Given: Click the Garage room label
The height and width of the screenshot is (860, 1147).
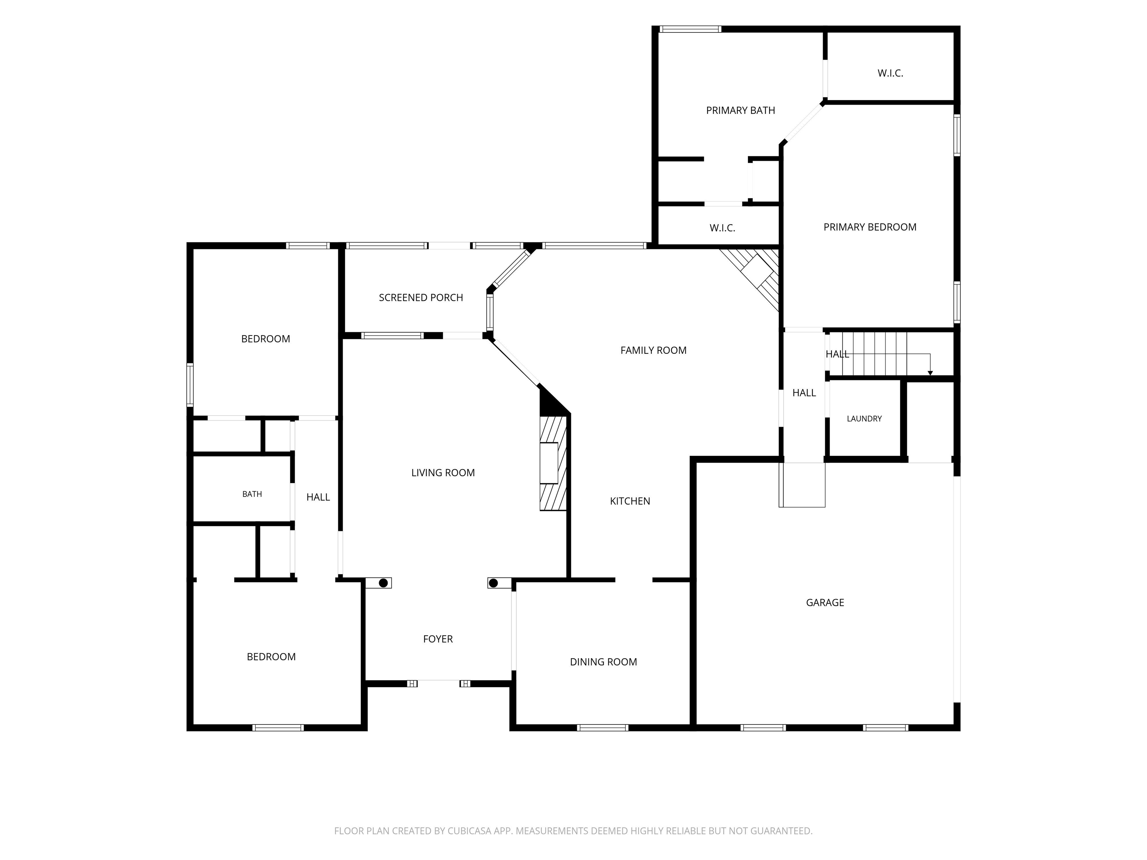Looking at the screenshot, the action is pos(825,602).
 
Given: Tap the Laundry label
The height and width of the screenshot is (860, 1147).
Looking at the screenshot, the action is pos(864,418).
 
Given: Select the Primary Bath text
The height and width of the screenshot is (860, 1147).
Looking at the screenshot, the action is pos(740,110).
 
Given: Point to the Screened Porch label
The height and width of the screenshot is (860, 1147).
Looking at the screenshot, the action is pos(420,297).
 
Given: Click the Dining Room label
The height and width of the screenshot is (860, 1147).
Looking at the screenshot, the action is pos(603,662).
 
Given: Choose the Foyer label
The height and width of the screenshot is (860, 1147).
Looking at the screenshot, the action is pos(438,639).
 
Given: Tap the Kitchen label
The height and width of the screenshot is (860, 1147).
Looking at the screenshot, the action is pos(630,501).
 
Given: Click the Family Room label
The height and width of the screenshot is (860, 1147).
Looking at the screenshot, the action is pos(653,350).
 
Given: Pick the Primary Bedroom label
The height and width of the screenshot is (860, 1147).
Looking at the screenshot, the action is pos(870,227).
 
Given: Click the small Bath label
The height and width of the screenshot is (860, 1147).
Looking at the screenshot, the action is pos(252,494).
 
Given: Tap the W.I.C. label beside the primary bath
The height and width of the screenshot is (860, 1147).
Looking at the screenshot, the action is pos(890,73).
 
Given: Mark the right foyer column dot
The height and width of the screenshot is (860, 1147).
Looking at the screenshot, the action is pos(493,583).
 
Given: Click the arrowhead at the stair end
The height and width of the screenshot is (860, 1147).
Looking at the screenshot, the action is pos(930,373).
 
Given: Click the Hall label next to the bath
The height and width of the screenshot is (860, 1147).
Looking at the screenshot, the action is pos(318,497).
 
